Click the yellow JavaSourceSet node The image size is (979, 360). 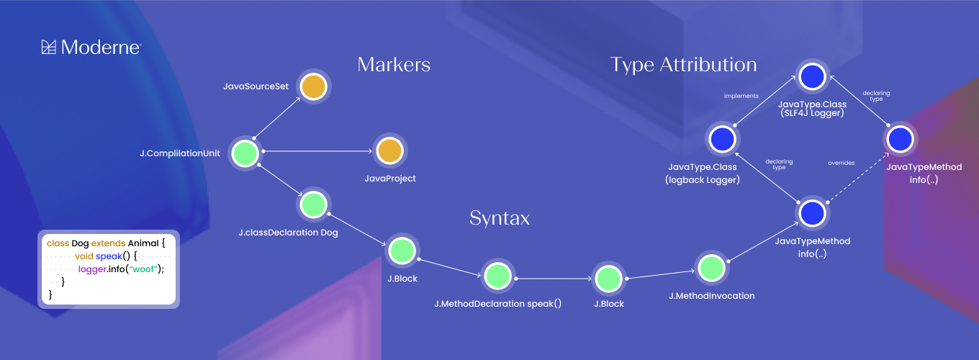pyautogui.click(x=313, y=86)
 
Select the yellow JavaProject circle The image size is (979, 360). pyautogui.click(x=389, y=151)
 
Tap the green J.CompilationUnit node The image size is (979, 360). pyautogui.click(x=245, y=153)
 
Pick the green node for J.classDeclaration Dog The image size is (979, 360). pyautogui.click(x=314, y=204)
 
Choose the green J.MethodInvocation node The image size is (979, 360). pyautogui.click(x=711, y=267)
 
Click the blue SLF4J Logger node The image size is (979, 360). pyautogui.click(x=811, y=76)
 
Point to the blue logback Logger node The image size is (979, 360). pyautogui.click(x=722, y=138)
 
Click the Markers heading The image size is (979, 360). pyautogui.click(x=394, y=65)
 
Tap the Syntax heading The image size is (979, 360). pyautogui.click(x=500, y=218)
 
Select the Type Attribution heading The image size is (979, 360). pyautogui.click(x=683, y=65)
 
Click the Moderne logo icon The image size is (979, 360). pyautogui.click(x=49, y=48)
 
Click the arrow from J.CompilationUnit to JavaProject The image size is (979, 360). pyautogui.click(x=317, y=151)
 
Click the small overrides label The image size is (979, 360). pyautogui.click(x=841, y=163)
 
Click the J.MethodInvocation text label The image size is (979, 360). pyautogui.click(x=711, y=296)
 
